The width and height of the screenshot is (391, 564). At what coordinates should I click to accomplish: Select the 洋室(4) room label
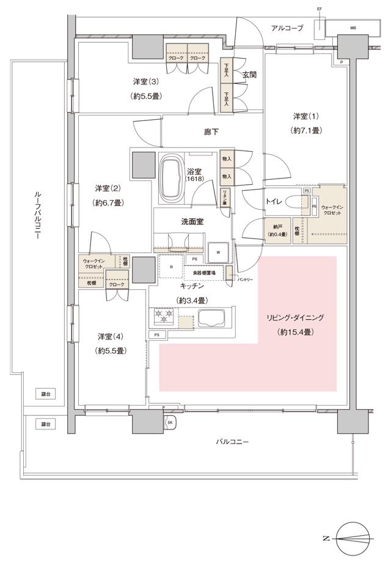[111, 336]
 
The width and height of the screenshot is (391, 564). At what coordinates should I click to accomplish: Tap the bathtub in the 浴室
[170, 179]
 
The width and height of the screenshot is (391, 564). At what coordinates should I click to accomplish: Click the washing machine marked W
[217, 251]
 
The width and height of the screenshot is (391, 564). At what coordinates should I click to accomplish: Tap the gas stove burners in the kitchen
[163, 316]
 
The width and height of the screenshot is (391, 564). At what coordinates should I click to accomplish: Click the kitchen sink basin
[211, 318]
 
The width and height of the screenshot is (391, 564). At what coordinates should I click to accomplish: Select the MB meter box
[353, 28]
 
